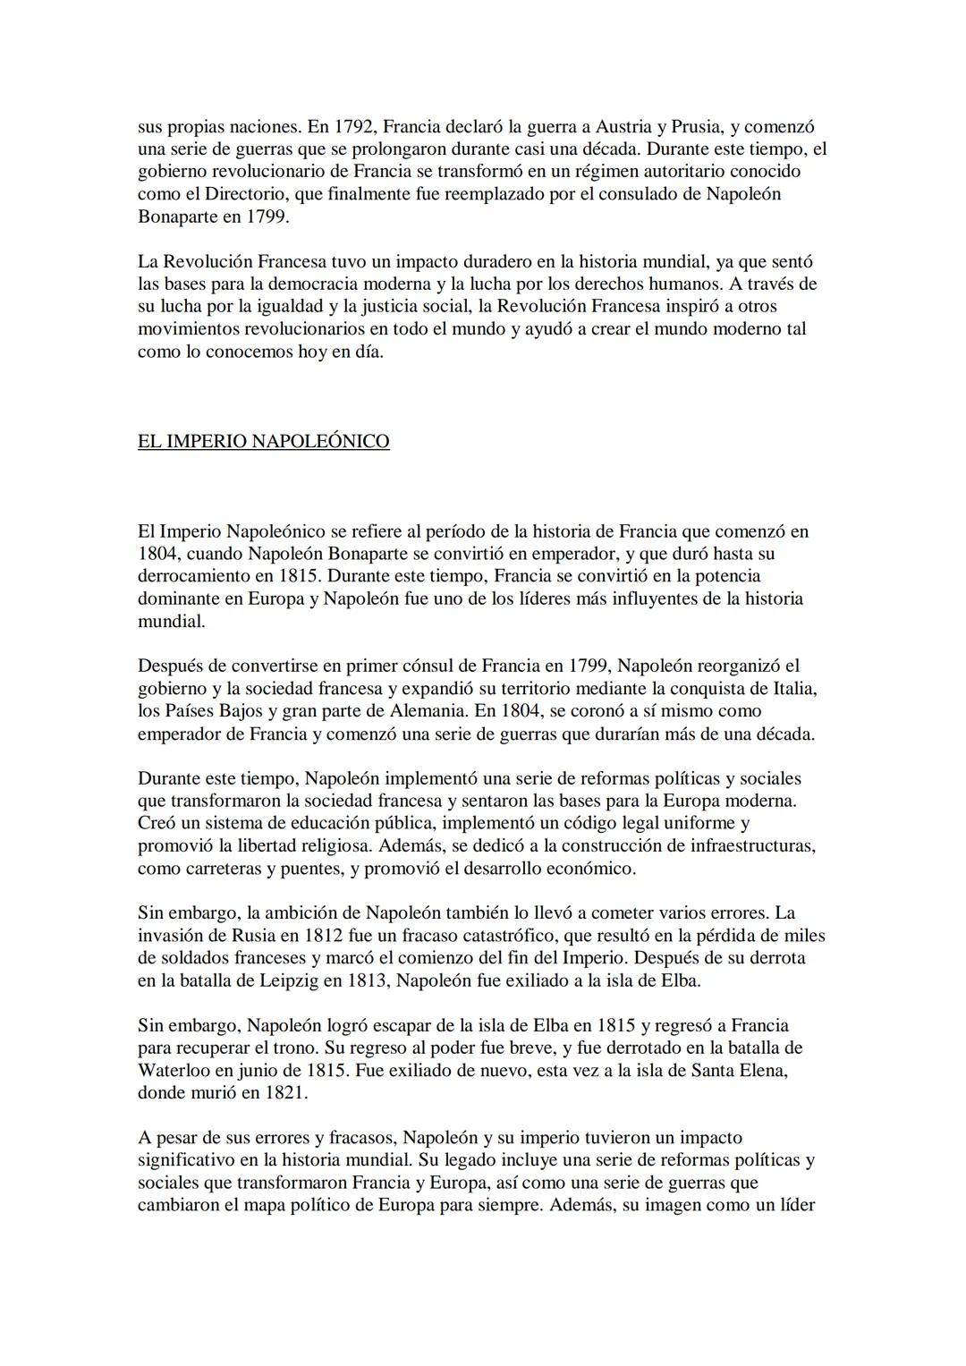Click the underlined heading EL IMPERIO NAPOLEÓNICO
pyautogui.click(x=263, y=442)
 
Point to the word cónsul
pyautogui.click(x=423, y=666)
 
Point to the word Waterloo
pyautogui.click(x=177, y=1071)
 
